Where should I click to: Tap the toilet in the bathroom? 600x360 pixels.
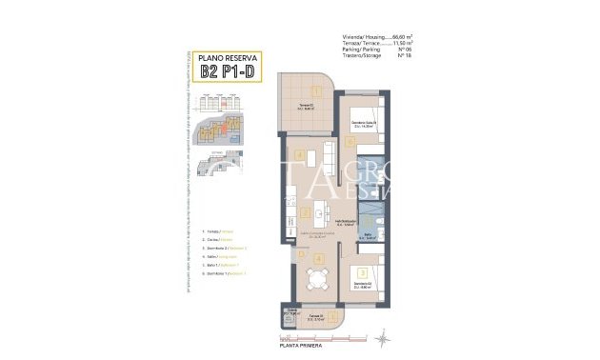[378, 228]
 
